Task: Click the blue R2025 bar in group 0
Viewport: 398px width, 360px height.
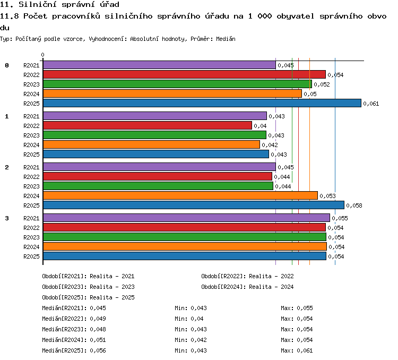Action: coord(202,103)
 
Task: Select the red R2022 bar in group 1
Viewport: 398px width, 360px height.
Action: coord(148,125)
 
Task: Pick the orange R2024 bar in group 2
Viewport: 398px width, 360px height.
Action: coord(180,195)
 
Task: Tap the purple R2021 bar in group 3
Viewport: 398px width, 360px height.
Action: coord(187,218)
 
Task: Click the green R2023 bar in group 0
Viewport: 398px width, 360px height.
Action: coord(177,84)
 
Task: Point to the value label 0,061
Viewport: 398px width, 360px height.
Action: coord(371,104)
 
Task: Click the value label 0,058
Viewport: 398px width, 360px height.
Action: coord(354,205)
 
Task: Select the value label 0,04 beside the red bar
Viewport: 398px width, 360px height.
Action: coord(260,126)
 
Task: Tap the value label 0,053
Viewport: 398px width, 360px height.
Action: coord(327,196)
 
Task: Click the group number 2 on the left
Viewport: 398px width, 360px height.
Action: coord(7,167)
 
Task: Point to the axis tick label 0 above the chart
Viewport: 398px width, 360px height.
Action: coord(42,55)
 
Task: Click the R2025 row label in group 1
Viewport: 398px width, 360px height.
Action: coord(31,155)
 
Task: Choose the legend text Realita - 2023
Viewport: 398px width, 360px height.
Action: coord(112,287)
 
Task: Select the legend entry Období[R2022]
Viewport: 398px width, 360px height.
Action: coord(222,276)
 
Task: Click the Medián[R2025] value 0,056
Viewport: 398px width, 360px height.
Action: coord(98,350)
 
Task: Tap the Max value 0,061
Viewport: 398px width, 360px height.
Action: coord(305,350)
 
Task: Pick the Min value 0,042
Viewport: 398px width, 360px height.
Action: coord(198,340)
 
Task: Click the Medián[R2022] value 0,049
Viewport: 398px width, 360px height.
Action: coord(98,319)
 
